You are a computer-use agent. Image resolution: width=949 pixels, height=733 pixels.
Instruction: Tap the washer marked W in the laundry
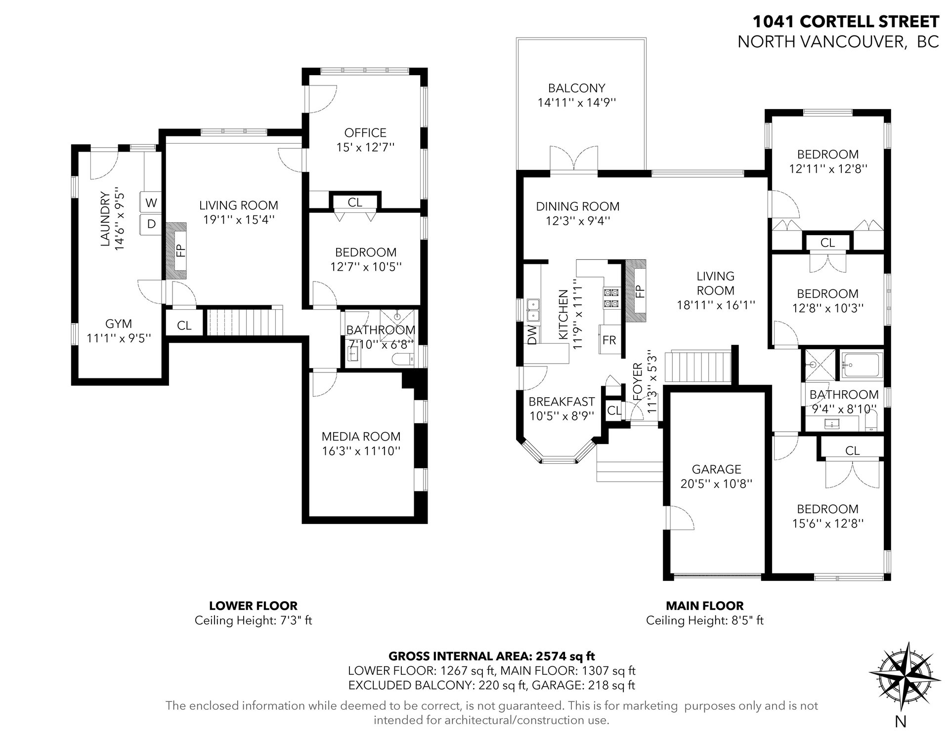click(151, 203)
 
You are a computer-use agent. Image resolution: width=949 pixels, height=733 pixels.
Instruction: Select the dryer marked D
click(151, 224)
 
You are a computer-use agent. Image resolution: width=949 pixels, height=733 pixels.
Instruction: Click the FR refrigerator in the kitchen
click(609, 339)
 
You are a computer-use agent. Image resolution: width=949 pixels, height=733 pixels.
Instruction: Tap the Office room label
click(365, 132)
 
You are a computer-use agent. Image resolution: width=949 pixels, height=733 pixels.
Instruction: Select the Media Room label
click(361, 436)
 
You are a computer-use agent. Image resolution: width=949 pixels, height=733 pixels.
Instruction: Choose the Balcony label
click(576, 88)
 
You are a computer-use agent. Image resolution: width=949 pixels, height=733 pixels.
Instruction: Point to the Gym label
click(119, 324)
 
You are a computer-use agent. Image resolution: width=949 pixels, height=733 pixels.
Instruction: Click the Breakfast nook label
click(561, 402)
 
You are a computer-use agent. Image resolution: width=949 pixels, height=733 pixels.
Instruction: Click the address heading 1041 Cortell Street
click(846, 22)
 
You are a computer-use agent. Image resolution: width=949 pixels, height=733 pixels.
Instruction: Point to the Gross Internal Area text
click(492, 656)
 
